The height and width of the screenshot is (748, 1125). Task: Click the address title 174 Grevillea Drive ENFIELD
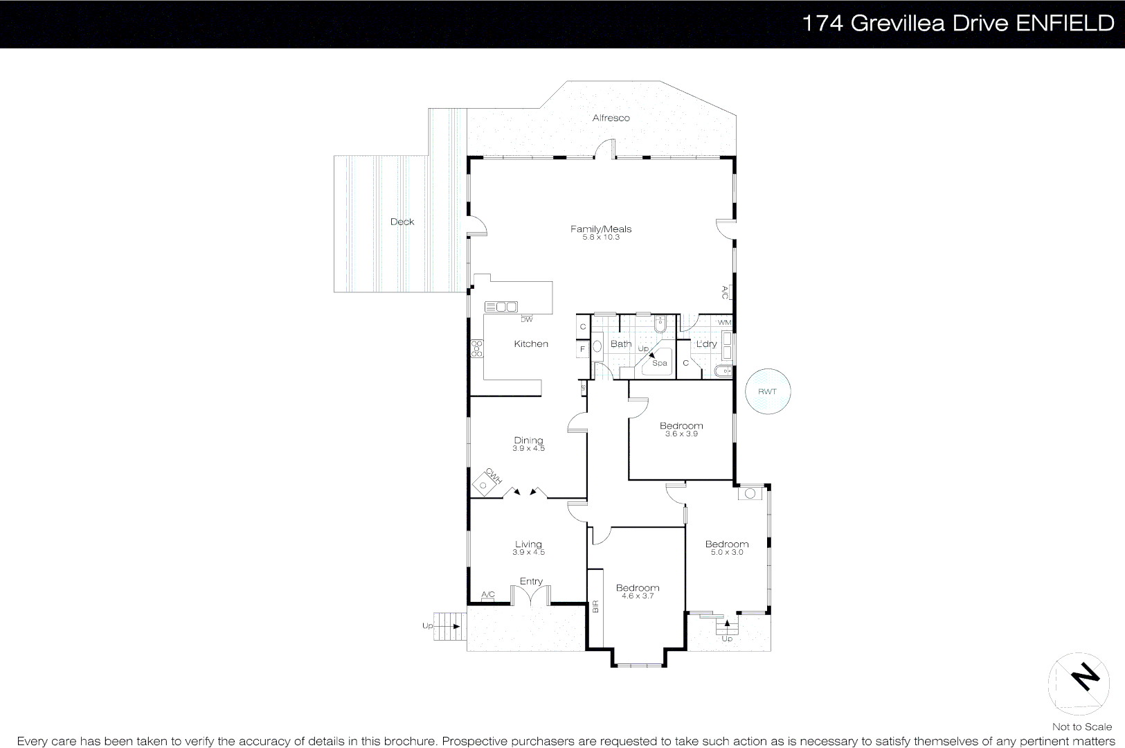pyautogui.click(x=957, y=24)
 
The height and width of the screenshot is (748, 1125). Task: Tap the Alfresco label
pyautogui.click(x=611, y=118)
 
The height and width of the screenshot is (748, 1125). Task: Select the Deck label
pyautogui.click(x=402, y=222)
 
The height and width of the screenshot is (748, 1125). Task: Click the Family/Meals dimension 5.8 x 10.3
pyautogui.click(x=601, y=238)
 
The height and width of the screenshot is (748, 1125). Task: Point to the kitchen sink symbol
pyautogui.click(x=501, y=307)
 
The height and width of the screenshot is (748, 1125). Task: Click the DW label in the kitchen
pyautogui.click(x=527, y=320)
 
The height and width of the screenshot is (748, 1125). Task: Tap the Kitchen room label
pyautogui.click(x=531, y=344)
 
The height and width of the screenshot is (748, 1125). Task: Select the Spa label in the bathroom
pyautogui.click(x=660, y=363)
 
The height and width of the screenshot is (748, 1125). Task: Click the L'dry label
pyautogui.click(x=706, y=344)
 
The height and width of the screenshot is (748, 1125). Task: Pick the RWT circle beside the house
pyautogui.click(x=767, y=391)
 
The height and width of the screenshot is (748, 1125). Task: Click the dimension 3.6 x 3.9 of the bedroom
pyautogui.click(x=681, y=434)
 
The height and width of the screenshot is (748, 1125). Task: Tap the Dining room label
pyautogui.click(x=528, y=440)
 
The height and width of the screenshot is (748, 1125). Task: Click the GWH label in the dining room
pyautogui.click(x=493, y=476)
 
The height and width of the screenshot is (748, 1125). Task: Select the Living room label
pyautogui.click(x=528, y=544)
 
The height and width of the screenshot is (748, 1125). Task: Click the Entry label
pyautogui.click(x=531, y=582)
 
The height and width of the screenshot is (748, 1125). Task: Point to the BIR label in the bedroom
pyautogui.click(x=595, y=607)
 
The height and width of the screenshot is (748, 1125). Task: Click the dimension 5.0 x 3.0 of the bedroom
pyautogui.click(x=727, y=553)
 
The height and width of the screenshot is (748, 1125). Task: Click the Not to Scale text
pyautogui.click(x=1081, y=727)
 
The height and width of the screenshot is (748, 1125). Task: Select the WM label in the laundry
pyautogui.click(x=724, y=323)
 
